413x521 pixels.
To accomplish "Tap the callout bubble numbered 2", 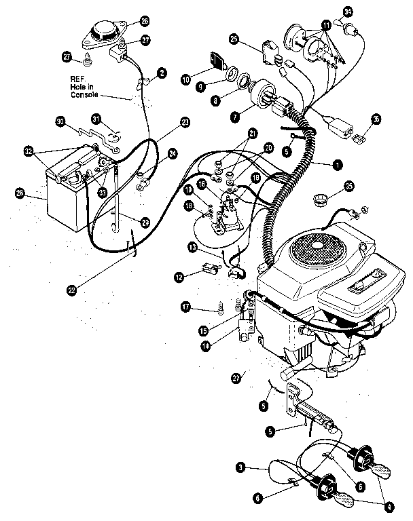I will tap(162, 71).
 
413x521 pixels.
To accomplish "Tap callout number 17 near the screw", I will tap(185, 307).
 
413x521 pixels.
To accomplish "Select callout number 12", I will tap(179, 276).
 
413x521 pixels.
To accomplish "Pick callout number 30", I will tap(60, 121).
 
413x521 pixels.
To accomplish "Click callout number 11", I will tap(327, 24).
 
